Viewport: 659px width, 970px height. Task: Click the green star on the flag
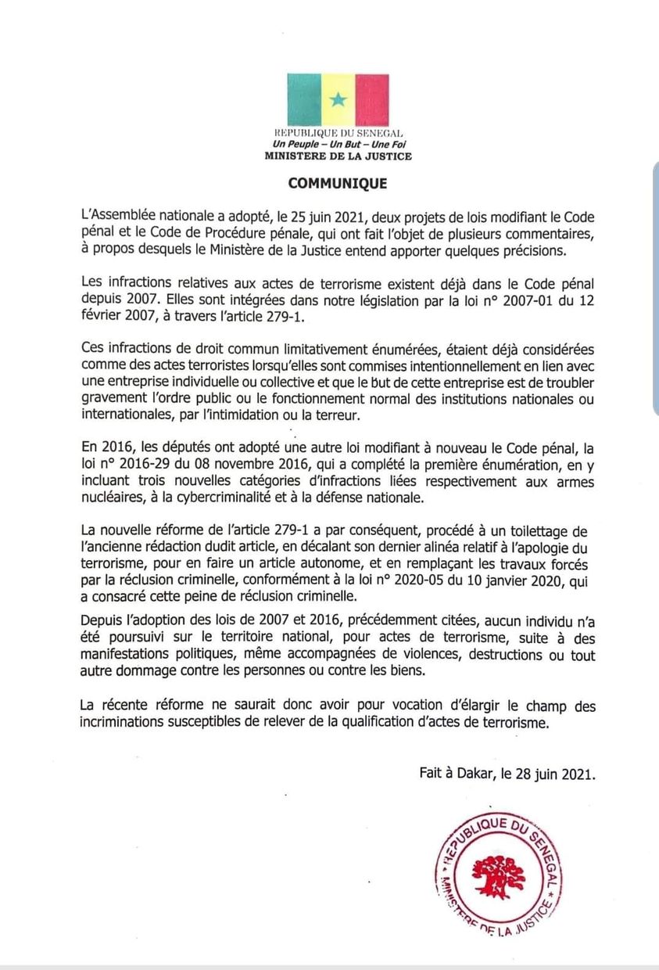pos(338,99)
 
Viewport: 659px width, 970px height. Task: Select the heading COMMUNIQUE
pos(337,185)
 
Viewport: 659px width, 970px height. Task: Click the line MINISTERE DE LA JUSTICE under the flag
pos(338,156)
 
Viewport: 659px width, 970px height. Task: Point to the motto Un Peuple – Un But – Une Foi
pos(338,145)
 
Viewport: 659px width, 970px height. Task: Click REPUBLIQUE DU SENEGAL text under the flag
pos(338,135)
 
